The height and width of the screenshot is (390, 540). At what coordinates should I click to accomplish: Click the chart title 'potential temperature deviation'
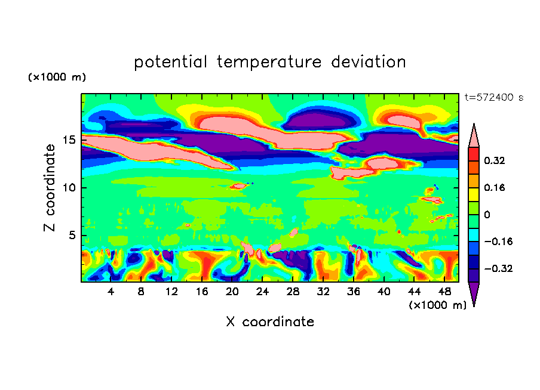(269, 63)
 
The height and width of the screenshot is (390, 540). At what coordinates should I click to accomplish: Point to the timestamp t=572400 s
(494, 98)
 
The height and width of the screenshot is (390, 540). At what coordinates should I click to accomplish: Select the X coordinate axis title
(270, 322)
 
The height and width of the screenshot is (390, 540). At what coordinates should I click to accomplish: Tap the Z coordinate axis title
(50, 188)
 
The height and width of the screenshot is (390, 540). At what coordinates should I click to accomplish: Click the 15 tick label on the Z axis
(69, 140)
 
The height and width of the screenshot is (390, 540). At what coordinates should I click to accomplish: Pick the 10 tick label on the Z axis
(69, 188)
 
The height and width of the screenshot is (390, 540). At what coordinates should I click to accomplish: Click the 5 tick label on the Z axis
(72, 236)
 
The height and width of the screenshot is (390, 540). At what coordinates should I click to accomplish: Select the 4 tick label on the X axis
(111, 292)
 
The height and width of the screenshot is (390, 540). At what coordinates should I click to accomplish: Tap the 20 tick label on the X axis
(232, 292)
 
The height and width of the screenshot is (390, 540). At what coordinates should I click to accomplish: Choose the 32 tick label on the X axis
(323, 292)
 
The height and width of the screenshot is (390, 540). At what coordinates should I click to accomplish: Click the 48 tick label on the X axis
(444, 292)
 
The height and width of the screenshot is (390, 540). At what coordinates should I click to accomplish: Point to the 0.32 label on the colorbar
(494, 161)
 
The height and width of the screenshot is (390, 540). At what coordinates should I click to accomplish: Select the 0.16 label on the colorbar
(494, 188)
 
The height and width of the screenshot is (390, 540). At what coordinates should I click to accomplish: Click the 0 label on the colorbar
(487, 215)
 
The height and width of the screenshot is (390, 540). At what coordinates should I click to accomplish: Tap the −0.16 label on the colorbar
(498, 242)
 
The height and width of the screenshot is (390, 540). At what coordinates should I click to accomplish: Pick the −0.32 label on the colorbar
(498, 268)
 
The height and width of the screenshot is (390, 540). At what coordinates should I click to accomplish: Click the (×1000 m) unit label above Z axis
(57, 77)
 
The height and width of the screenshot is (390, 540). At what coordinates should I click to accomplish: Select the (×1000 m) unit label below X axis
(438, 305)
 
